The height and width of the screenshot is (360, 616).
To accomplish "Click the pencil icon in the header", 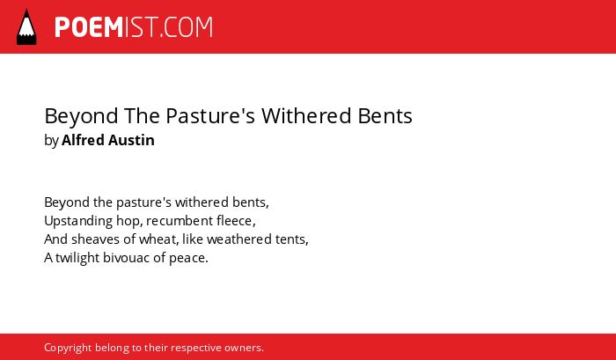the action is [x=26, y=27].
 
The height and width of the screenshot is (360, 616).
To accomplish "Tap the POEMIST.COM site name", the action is [x=134, y=27].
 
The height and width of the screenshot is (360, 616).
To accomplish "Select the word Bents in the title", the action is [x=385, y=116].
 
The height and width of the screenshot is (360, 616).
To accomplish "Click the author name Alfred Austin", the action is [x=108, y=140].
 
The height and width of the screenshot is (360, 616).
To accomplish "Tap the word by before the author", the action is [x=51, y=141].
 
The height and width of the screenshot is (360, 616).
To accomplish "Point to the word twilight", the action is [x=77, y=258].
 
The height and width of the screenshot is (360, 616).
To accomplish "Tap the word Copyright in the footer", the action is [x=68, y=349].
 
